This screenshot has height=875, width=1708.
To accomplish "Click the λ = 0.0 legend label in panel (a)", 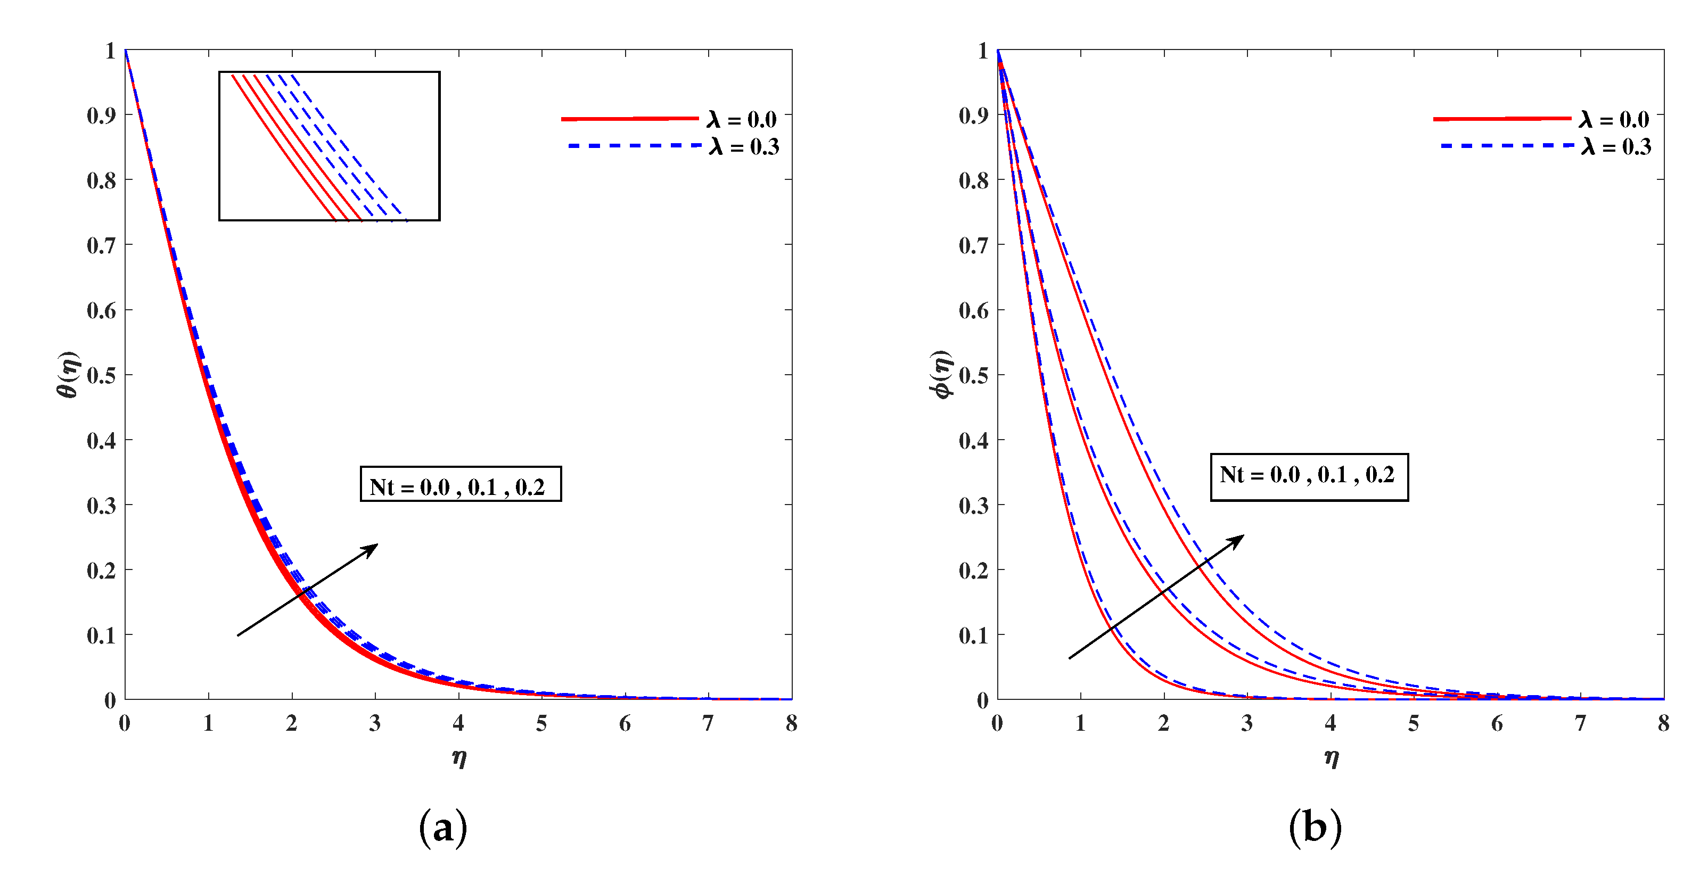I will pyautogui.click(x=741, y=119).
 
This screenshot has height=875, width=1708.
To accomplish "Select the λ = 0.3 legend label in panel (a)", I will pyautogui.click(x=744, y=146).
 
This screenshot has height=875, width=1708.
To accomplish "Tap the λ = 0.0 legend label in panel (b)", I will pyautogui.click(x=1614, y=119).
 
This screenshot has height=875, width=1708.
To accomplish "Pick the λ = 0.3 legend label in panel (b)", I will pyautogui.click(x=1616, y=146).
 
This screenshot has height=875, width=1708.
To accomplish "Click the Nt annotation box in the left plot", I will pyautogui.click(x=460, y=484).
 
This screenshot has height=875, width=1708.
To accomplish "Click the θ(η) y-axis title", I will pyautogui.click(x=68, y=375).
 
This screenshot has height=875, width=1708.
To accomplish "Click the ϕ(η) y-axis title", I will pyautogui.click(x=941, y=375).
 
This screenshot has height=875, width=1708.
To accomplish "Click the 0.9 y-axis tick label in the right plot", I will pyautogui.click(x=973, y=115).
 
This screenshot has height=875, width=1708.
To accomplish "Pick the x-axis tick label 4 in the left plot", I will pyautogui.click(x=458, y=724).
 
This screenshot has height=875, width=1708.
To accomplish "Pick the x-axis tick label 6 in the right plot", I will pyautogui.click(x=1497, y=724).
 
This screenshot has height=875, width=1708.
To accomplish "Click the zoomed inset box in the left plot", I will pyautogui.click(x=329, y=146).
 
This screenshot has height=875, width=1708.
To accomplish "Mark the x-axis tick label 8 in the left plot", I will pyautogui.click(x=792, y=724).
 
